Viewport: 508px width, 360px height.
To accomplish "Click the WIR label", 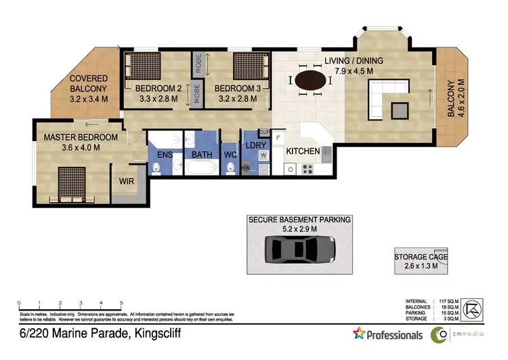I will [126, 182].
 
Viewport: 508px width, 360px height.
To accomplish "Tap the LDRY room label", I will [255, 146].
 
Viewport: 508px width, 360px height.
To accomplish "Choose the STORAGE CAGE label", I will [421, 257].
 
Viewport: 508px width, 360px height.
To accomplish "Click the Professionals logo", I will [388, 334].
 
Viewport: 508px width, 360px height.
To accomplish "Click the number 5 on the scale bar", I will [121, 303].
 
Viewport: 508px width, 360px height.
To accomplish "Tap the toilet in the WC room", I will [230, 166].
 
